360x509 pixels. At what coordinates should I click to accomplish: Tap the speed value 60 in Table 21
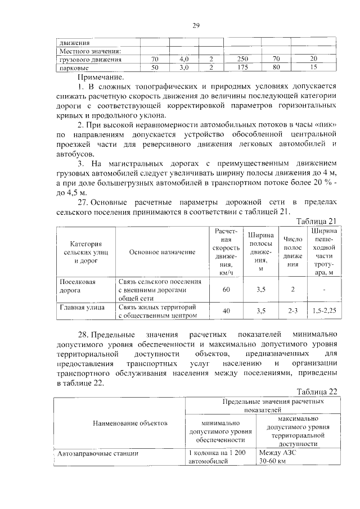pyautogui.click(x=226, y=289)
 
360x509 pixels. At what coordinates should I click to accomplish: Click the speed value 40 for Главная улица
pyautogui.click(x=226, y=310)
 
